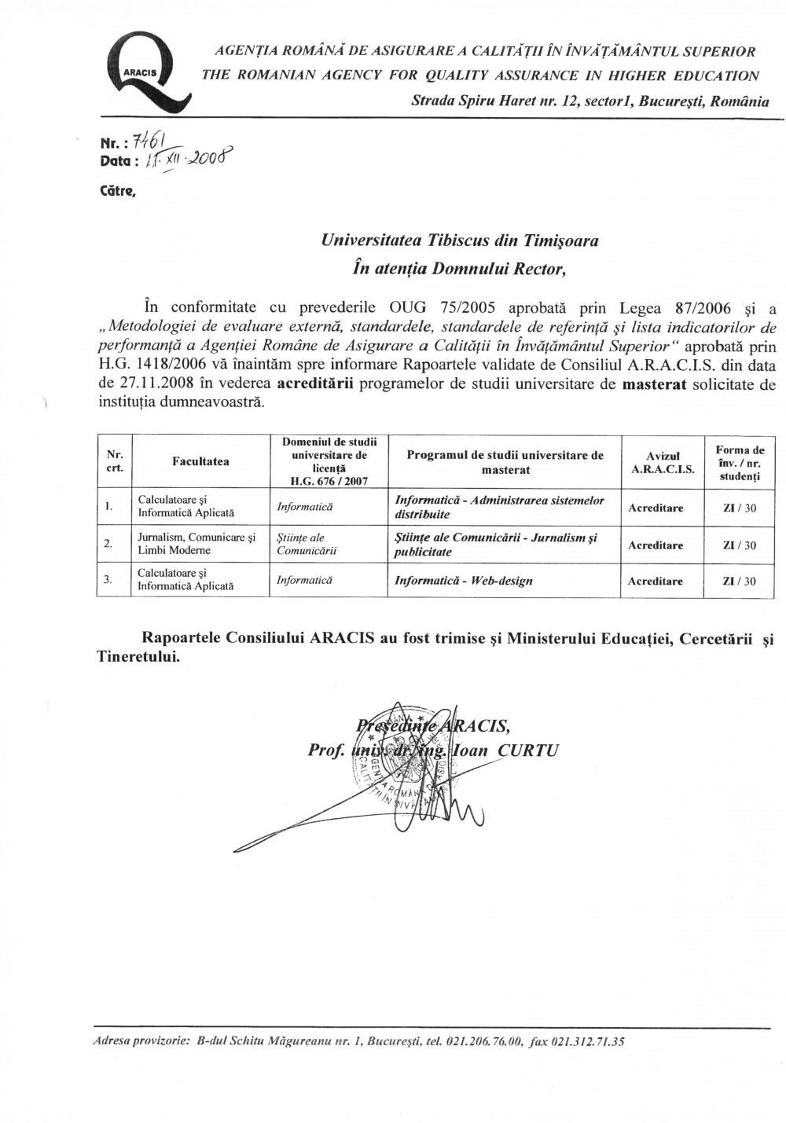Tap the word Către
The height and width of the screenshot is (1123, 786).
click(119, 189)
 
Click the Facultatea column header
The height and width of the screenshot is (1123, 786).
click(200, 462)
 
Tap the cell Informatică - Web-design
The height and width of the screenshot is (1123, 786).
click(463, 581)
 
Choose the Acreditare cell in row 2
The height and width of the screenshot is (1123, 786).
click(656, 545)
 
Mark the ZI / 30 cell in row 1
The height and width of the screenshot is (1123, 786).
click(739, 508)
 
